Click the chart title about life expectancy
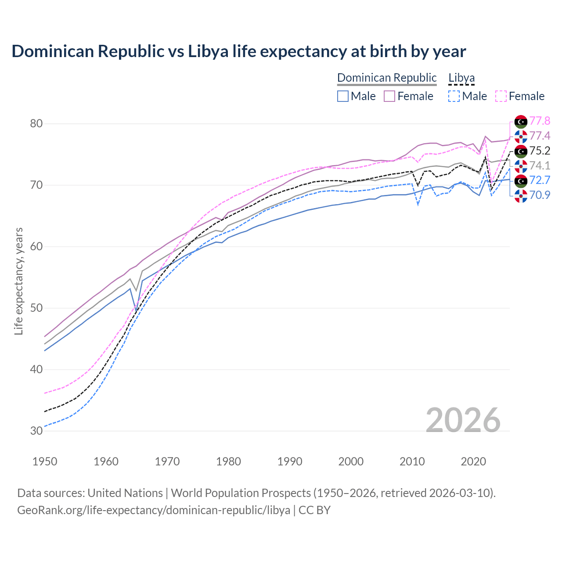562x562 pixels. (238, 51)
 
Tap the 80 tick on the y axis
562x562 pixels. (36, 123)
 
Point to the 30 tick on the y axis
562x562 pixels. (36, 431)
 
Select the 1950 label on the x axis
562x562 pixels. (45, 461)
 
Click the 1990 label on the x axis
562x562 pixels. (290, 461)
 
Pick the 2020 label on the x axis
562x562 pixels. (473, 461)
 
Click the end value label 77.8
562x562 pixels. (540, 121)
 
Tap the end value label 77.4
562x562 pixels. (540, 136)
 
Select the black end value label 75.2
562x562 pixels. (540, 151)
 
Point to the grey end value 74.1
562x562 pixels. (540, 166)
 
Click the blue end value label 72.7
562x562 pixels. (540, 180)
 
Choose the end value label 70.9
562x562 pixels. (540, 195)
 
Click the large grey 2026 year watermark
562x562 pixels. (463, 420)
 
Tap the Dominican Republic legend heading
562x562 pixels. (387, 78)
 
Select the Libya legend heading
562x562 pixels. (461, 78)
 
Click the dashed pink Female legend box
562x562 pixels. (501, 96)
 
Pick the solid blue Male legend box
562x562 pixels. (343, 96)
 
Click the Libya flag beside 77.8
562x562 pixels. (521, 121)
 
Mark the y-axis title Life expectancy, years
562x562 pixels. (18, 281)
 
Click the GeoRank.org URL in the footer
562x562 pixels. (154, 510)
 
